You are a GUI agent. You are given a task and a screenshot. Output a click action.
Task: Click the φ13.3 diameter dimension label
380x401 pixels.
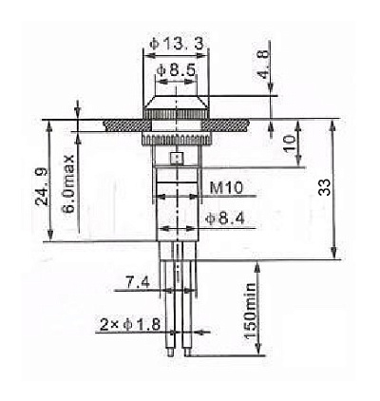pyautogui.click(x=177, y=44)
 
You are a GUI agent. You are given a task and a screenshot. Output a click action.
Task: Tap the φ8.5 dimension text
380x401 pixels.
pyautogui.click(x=177, y=70)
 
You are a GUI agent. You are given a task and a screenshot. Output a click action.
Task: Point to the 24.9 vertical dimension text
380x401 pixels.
pyautogui.click(x=42, y=187)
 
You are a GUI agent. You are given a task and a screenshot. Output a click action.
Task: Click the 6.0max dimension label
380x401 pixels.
pyautogui.click(x=67, y=183)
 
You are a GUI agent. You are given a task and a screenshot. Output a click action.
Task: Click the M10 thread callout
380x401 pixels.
pyautogui.click(x=226, y=188)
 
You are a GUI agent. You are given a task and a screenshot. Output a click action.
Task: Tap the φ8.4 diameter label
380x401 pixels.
pyautogui.click(x=225, y=219)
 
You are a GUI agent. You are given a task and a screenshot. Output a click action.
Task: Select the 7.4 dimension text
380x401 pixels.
pyautogui.click(x=138, y=282)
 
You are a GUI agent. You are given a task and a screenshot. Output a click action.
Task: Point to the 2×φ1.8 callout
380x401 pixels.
pyautogui.click(x=130, y=325)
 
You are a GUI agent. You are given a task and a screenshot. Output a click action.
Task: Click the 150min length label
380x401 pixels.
pyautogui.click(x=250, y=311)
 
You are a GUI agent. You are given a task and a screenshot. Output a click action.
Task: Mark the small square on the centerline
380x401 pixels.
pyautogui.click(x=177, y=158)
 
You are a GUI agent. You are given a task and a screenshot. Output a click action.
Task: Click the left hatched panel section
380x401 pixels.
pyautogui.click(x=126, y=125)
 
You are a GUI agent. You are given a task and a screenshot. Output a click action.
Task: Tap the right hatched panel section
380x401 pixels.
pyautogui.click(x=225, y=125)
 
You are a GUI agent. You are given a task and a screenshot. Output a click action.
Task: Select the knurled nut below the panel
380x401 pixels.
pyautogui.click(x=176, y=140)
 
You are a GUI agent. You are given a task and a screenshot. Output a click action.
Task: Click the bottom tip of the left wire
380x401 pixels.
pyautogui.click(x=170, y=355)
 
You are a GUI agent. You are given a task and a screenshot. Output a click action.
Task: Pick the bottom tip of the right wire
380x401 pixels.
pyautogui.click(x=187, y=355)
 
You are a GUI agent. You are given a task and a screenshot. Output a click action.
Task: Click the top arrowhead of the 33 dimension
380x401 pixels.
pyautogui.click(x=332, y=124)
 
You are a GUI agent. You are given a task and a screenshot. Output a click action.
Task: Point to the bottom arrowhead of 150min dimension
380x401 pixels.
pyautogui.click(x=258, y=350)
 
